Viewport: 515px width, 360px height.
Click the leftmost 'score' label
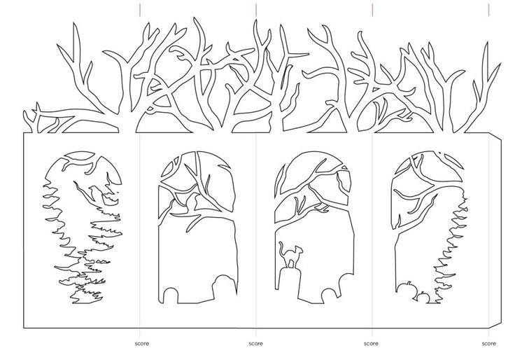(x=142, y=344)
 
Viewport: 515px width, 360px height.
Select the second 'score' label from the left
(x=256, y=344)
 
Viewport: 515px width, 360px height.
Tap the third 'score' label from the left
(x=371, y=344)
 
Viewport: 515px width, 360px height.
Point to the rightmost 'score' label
(x=488, y=344)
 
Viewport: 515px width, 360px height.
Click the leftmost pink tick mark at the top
(x=140, y=10)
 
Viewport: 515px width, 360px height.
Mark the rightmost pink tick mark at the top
(x=488, y=10)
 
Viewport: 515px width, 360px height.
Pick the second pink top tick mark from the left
(x=256, y=10)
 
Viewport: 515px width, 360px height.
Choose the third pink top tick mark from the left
(x=372, y=10)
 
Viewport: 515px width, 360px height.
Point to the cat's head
(x=299, y=249)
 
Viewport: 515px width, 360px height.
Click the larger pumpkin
(x=405, y=288)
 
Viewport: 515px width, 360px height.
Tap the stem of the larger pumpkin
(x=409, y=283)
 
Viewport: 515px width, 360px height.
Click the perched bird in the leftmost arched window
(x=94, y=193)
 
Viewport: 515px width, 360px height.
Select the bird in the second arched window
(x=194, y=201)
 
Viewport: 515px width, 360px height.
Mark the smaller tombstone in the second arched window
(x=171, y=296)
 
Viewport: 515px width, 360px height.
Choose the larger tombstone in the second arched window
(x=225, y=285)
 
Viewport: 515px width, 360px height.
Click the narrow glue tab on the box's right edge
(x=495, y=230)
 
